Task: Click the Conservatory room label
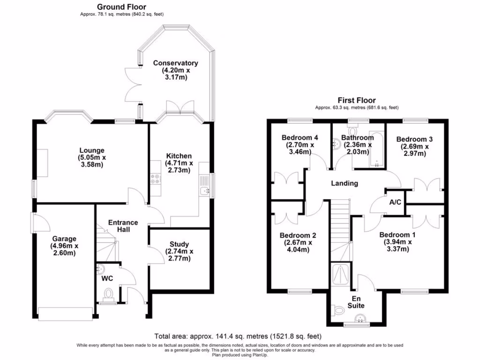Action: (175, 63)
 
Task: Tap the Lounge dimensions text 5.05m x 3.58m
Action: (92, 161)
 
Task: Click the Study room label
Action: (179, 244)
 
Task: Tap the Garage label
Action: (64, 239)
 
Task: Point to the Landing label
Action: (345, 183)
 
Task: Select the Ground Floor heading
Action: (121, 7)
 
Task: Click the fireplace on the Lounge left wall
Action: (43, 163)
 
